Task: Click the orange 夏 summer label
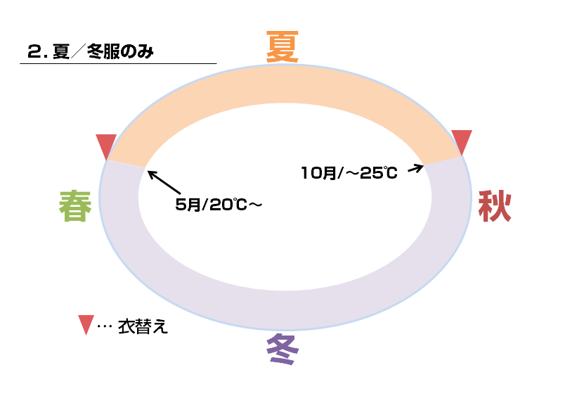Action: [x=283, y=46]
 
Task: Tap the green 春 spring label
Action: [x=76, y=207]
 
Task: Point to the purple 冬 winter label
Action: [x=283, y=348]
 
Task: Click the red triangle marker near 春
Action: [x=106, y=146]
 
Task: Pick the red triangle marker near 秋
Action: [x=462, y=141]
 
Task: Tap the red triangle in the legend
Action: [x=85, y=324]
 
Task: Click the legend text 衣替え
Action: [x=143, y=327]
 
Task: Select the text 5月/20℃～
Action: [x=218, y=205]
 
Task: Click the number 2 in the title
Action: [x=32, y=51]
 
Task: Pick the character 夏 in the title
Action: [x=62, y=51]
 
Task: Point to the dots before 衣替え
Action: [x=104, y=328]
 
